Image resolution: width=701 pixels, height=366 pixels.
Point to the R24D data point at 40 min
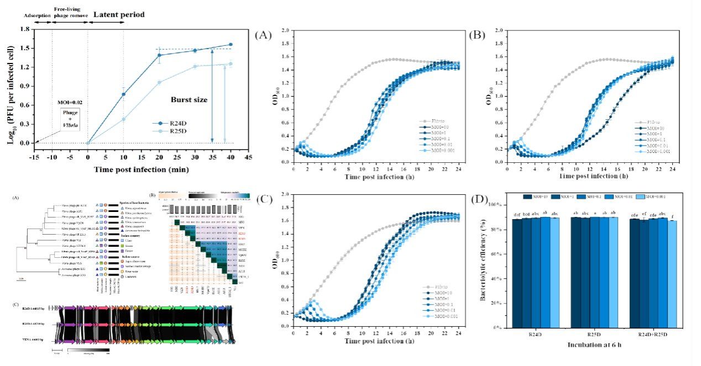coord(231,44)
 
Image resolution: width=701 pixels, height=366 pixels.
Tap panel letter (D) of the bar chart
coord(479,198)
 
